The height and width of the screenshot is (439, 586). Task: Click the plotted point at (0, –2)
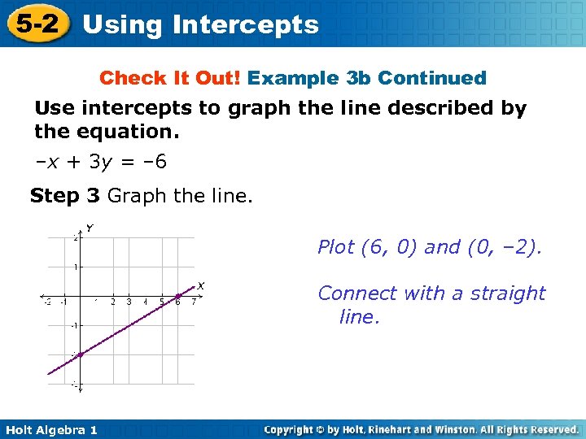pyautogui.click(x=81, y=354)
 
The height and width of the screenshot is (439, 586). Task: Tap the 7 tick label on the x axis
pyautogui.click(x=193, y=302)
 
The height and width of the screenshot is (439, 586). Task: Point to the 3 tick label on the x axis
pyautogui.click(x=129, y=302)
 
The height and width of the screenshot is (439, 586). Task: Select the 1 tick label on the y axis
pyautogui.click(x=75, y=267)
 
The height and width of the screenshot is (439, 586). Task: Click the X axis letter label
pyautogui.click(x=200, y=285)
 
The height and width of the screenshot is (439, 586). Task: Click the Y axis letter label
pyautogui.click(x=90, y=228)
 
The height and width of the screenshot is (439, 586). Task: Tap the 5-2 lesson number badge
pyautogui.click(x=35, y=24)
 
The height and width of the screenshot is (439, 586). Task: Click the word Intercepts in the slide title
pyautogui.click(x=245, y=24)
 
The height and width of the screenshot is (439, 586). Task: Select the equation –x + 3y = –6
pyautogui.click(x=101, y=162)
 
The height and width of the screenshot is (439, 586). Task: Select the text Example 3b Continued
pyautogui.click(x=366, y=78)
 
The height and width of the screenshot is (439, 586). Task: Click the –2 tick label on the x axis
pyautogui.click(x=46, y=302)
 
